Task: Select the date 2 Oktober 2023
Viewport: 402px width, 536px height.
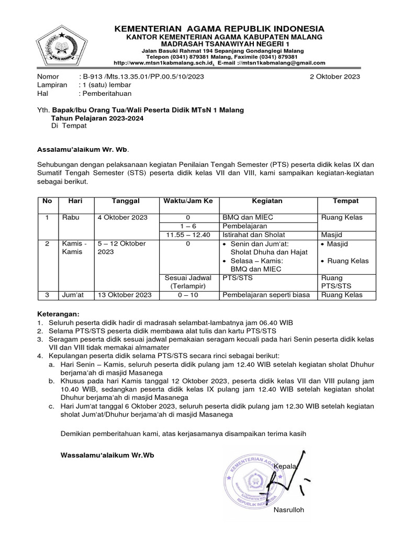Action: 335,76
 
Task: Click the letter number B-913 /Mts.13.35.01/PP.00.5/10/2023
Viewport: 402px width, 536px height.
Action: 141,76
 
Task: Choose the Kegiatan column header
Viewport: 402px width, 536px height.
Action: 267,201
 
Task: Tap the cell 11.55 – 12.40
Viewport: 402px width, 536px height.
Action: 187,235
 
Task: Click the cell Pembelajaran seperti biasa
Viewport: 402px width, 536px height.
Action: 266,295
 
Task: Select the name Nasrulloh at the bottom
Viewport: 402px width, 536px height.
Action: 288,510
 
